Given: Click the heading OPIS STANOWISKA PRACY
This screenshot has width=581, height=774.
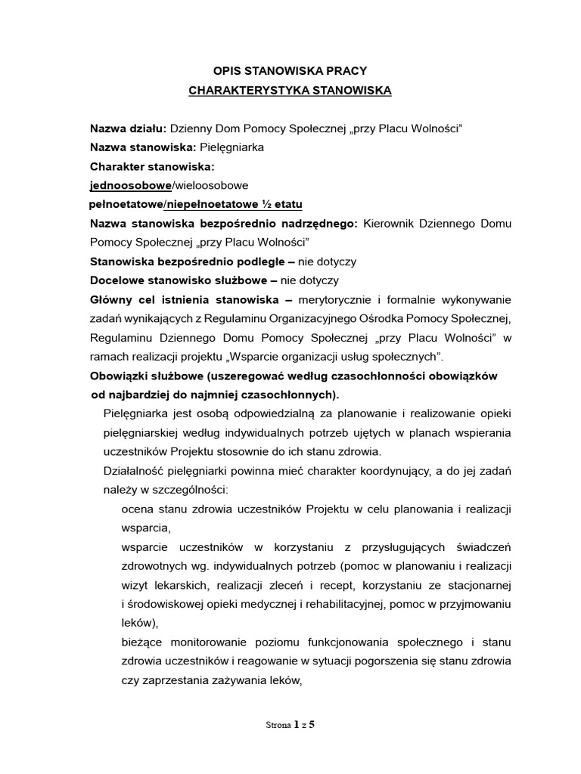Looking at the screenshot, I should pyautogui.click(x=290, y=70).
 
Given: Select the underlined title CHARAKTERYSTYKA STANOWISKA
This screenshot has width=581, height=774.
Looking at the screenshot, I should pyautogui.click(x=290, y=91).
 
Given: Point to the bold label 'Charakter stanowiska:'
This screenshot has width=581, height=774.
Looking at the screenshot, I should pyautogui.click(x=152, y=166).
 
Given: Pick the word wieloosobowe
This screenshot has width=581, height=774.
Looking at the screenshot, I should pyautogui.click(x=213, y=185).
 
